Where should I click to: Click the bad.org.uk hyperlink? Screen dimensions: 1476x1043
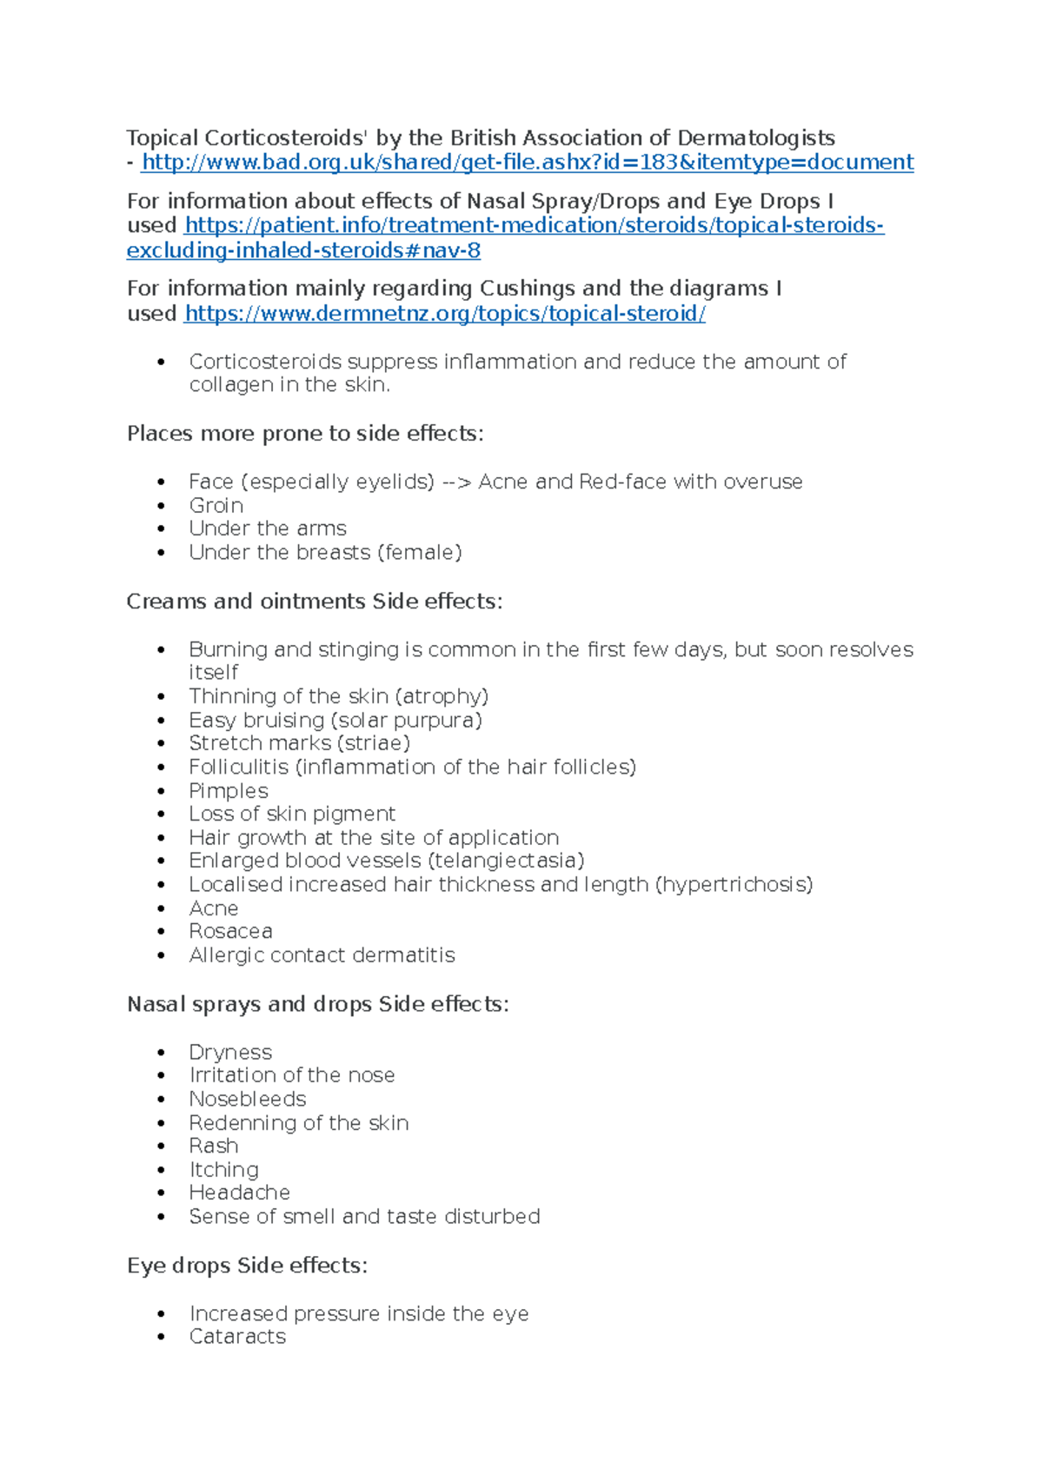click(x=527, y=163)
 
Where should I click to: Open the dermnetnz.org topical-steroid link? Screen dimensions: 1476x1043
click(x=444, y=314)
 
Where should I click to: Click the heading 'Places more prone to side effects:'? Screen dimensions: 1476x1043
click(x=304, y=434)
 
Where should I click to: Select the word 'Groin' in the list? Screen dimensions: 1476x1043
click(x=216, y=506)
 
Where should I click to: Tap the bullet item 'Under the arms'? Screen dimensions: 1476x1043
click(x=267, y=529)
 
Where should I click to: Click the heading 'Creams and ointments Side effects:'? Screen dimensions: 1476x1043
click(x=314, y=602)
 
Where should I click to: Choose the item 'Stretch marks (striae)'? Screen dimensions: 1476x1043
click(x=299, y=743)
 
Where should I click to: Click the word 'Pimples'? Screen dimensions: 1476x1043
click(x=228, y=791)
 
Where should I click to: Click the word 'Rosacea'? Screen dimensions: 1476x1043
click(x=230, y=931)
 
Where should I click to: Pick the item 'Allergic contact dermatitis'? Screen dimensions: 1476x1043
click(x=322, y=955)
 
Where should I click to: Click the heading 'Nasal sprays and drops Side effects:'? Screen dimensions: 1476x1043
click(x=317, y=1005)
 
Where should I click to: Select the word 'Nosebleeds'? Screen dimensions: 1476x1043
click(x=247, y=1100)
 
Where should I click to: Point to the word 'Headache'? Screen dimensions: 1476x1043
click(x=239, y=1193)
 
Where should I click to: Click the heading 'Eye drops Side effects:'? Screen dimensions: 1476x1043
click(x=247, y=1266)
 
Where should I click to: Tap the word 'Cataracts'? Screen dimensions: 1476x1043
click(x=236, y=1337)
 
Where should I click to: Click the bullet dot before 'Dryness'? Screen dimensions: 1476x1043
click(x=161, y=1053)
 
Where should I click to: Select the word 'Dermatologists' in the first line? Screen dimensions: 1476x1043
click(x=755, y=138)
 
